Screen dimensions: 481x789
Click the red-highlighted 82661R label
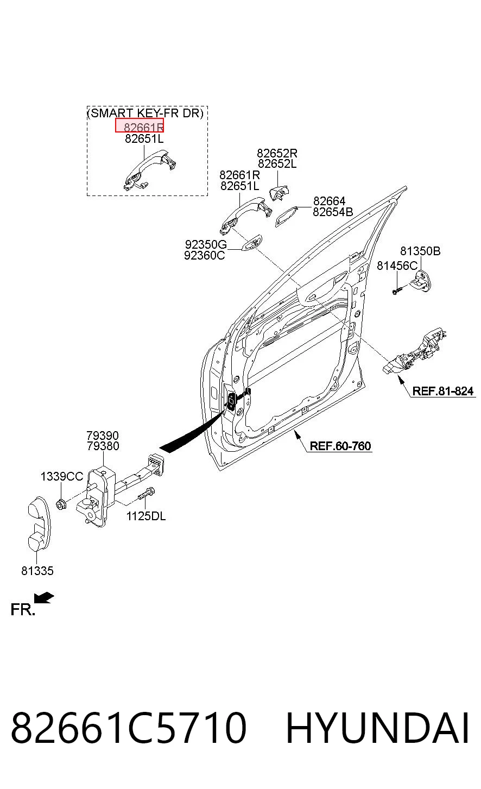click(x=140, y=126)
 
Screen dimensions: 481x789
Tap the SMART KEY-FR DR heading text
click(x=145, y=113)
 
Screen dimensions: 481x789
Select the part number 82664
click(x=329, y=201)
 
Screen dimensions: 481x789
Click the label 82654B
click(x=333, y=212)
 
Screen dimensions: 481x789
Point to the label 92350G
click(x=206, y=244)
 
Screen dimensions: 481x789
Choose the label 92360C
click(x=204, y=255)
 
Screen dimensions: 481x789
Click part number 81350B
click(x=420, y=251)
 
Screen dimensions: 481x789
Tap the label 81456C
click(x=397, y=266)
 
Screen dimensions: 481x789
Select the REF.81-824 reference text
click(x=442, y=391)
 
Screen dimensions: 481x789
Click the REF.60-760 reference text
click(x=340, y=446)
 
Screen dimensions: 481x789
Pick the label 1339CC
click(x=62, y=477)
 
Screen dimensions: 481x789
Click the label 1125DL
click(x=146, y=516)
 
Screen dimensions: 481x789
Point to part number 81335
click(x=37, y=571)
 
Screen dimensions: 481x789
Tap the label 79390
click(x=103, y=435)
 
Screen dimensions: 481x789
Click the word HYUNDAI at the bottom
click(x=377, y=728)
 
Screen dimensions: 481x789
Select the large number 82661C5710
click(x=129, y=728)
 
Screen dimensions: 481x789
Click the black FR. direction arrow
click(x=44, y=598)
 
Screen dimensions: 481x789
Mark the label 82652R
click(x=277, y=153)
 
